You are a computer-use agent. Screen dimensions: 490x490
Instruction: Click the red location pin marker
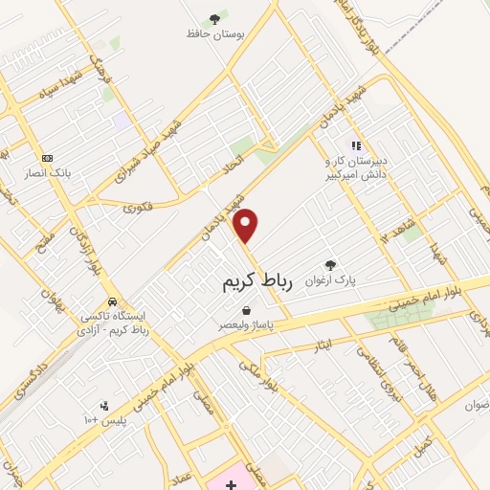[247, 226]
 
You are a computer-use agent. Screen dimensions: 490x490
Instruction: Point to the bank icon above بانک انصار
[47, 158]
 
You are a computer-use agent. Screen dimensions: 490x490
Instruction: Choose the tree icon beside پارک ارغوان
[330, 265]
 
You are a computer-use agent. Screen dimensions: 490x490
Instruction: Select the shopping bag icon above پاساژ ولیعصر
[247, 310]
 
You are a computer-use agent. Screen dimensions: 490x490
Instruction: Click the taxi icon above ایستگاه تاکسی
[113, 301]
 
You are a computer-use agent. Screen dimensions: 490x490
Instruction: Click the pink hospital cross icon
[231, 485]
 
